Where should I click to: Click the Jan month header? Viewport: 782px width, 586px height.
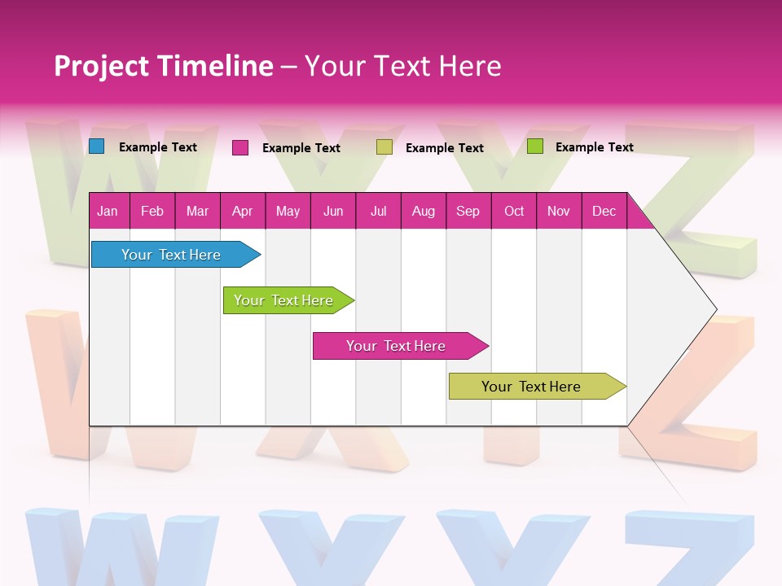click(x=108, y=211)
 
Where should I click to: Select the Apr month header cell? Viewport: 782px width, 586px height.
click(x=243, y=211)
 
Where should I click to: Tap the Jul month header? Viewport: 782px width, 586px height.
click(x=378, y=211)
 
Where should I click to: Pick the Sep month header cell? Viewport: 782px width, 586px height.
click(x=468, y=211)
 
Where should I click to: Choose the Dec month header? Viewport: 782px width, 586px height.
click(x=604, y=211)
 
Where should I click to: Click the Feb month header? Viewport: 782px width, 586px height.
click(x=152, y=211)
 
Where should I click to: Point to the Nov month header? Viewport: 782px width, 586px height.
click(x=559, y=211)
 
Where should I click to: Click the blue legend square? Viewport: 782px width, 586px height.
click(x=97, y=146)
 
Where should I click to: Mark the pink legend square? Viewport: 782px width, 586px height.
click(x=240, y=147)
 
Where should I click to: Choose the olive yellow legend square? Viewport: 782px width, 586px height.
click(x=384, y=147)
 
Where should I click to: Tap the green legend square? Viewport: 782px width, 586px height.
click(x=535, y=146)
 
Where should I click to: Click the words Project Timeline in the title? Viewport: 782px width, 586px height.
click(x=163, y=66)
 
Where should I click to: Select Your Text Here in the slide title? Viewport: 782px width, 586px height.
click(x=402, y=66)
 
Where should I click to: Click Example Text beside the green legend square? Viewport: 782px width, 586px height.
click(x=594, y=147)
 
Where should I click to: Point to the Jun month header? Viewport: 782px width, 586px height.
click(x=333, y=211)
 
